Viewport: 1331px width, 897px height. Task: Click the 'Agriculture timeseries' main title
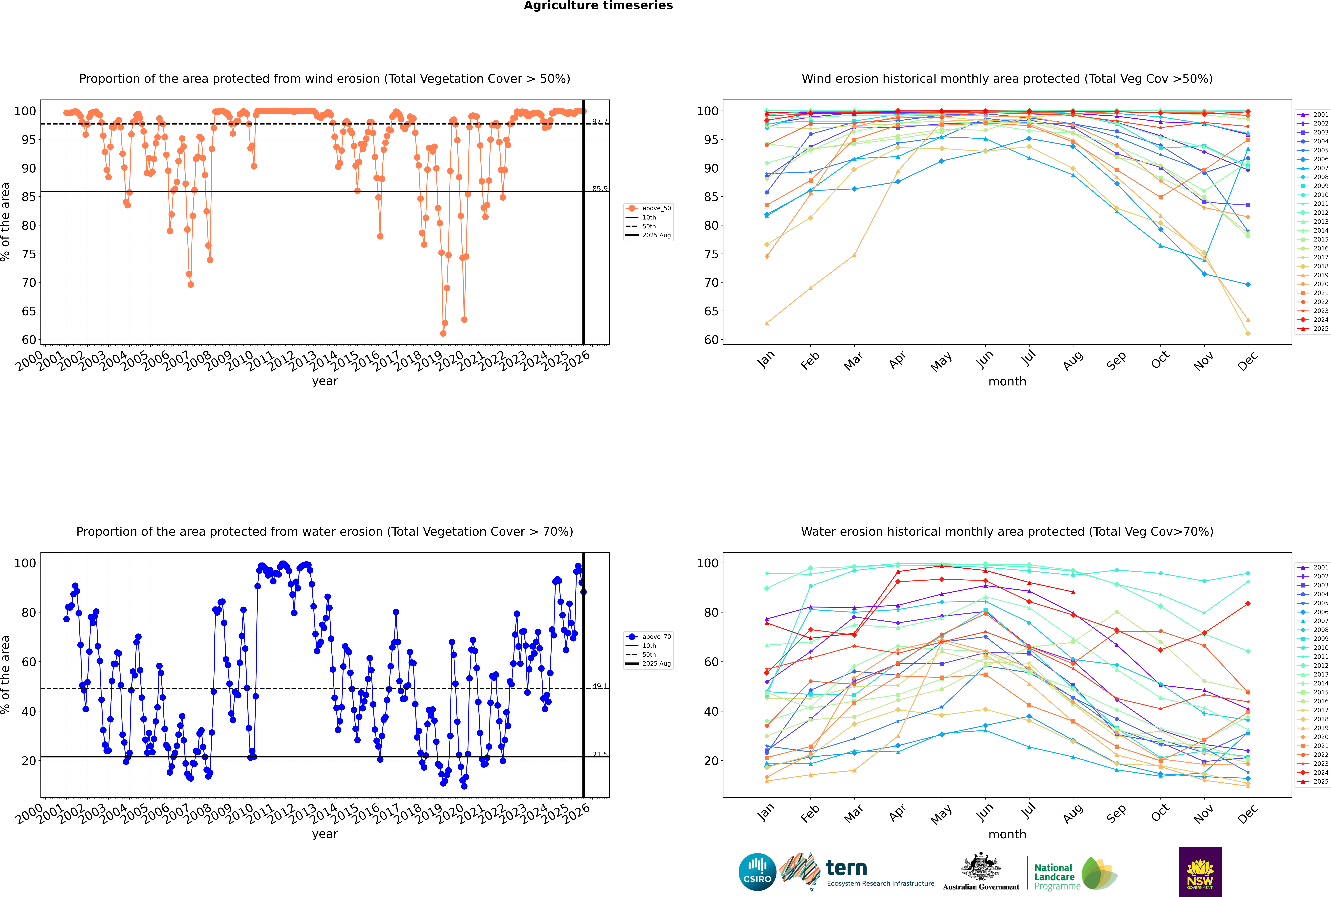click(598, 6)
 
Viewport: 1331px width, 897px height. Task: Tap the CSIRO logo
click(757, 872)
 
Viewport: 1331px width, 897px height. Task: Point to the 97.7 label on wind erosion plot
click(600, 121)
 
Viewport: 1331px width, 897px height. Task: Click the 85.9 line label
click(600, 189)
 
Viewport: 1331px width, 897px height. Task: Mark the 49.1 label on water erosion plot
click(600, 686)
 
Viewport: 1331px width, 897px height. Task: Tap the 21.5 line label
click(600, 754)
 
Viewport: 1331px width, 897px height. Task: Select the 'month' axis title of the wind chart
click(1007, 382)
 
